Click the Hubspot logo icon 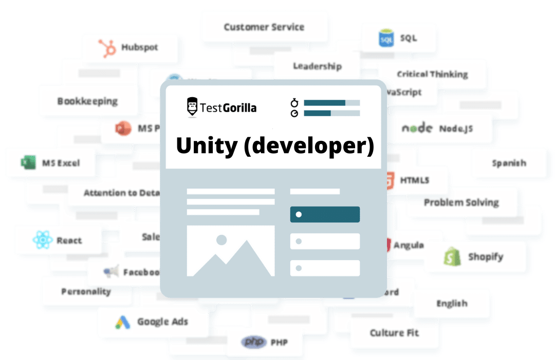[x=107, y=48]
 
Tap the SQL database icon [x=386, y=38]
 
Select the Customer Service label [x=264, y=27]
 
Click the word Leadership [x=317, y=66]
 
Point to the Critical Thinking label [x=432, y=74]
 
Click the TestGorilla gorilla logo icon [x=192, y=107]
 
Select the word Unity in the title [x=206, y=146]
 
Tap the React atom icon [x=42, y=240]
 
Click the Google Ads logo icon [x=123, y=322]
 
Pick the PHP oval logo [x=255, y=341]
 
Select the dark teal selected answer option [x=325, y=214]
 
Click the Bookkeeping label [x=87, y=101]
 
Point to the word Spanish [x=509, y=163]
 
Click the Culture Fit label [x=394, y=333]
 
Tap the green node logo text [x=417, y=129]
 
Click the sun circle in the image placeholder [x=221, y=240]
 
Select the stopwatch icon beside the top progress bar [x=294, y=103]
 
